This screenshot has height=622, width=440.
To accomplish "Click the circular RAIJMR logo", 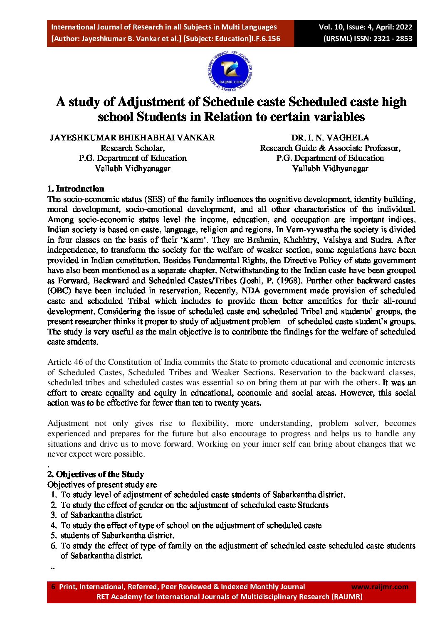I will (230, 71).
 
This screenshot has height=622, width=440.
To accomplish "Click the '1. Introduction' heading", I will (76, 189).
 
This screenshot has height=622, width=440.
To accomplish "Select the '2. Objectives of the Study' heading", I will (96, 474).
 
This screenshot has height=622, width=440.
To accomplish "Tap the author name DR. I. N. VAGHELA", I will (330, 138).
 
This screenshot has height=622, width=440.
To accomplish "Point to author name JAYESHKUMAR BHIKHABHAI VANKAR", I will (132, 138).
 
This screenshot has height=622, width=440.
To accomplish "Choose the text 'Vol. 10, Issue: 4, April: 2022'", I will (366, 27).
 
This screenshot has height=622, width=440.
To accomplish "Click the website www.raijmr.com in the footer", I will (380, 587).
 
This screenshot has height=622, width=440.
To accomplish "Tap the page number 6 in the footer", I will (53, 587).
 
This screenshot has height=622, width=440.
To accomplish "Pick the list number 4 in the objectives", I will (54, 525).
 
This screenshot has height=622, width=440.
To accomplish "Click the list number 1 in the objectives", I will (54, 494).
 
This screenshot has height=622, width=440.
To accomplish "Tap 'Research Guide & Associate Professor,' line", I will (330, 148).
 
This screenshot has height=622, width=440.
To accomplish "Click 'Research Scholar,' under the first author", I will (132, 148).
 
